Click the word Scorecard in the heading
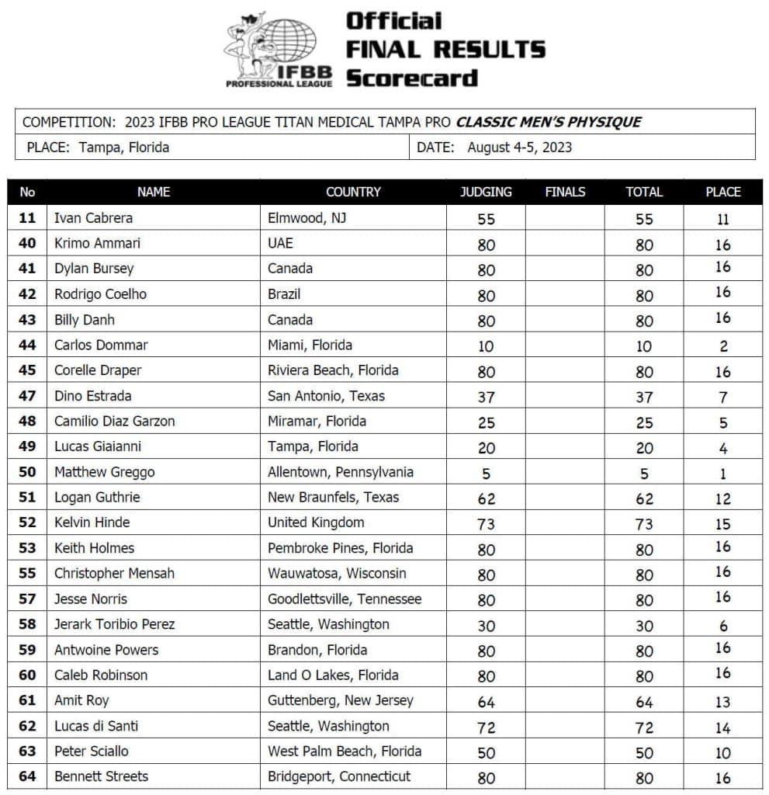[x=411, y=78]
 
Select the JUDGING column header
[x=486, y=192]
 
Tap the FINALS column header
[x=565, y=192]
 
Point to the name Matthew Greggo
[x=105, y=472]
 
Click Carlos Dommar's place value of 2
[x=722, y=346]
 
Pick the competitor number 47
[x=27, y=396]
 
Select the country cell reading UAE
[x=281, y=243]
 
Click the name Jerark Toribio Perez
[x=115, y=624]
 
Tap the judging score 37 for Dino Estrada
[x=486, y=397]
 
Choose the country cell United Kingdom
[x=316, y=522]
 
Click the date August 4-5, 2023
[x=519, y=147]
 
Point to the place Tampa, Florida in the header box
[x=124, y=147]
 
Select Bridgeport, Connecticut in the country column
[x=339, y=776]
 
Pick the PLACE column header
[x=722, y=192]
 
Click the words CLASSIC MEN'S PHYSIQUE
[x=549, y=122]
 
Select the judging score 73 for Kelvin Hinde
[x=486, y=524]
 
